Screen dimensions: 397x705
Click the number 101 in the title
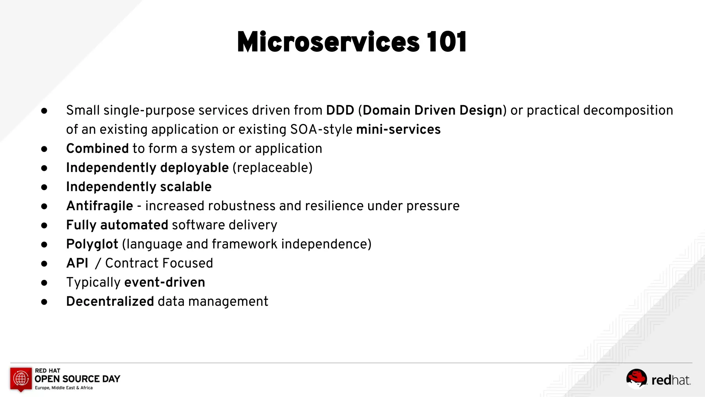pos(446,42)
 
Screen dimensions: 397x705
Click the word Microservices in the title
pos(328,42)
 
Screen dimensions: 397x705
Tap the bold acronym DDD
pos(340,110)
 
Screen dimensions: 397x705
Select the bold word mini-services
pos(398,130)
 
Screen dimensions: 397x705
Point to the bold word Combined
pos(97,149)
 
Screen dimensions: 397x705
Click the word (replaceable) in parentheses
pos(273,168)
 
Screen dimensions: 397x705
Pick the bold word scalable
pos(186,187)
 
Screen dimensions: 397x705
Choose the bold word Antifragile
pos(99,206)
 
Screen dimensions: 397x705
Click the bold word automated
pos(134,225)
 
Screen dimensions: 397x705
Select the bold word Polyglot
pos(92,244)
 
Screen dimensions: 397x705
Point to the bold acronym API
pos(77,263)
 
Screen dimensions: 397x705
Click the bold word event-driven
pos(165,282)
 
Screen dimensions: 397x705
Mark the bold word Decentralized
pos(110,302)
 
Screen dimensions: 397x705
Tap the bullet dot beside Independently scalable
pos(44,187)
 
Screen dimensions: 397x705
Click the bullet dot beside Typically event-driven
pos(44,283)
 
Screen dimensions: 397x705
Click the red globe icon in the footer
pos(21,378)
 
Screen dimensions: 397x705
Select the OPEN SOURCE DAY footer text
pos(77,379)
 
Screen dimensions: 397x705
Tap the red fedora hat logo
pos(636,378)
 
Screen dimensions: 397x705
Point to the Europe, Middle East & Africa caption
pos(64,388)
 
